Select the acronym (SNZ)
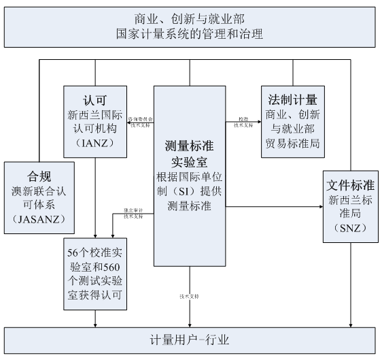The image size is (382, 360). (351, 228)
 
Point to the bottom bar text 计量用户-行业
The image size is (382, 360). (190, 340)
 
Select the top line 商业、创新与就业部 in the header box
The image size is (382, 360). (190, 18)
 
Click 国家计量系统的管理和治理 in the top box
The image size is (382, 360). (190, 33)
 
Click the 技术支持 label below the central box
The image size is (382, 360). (190, 297)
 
